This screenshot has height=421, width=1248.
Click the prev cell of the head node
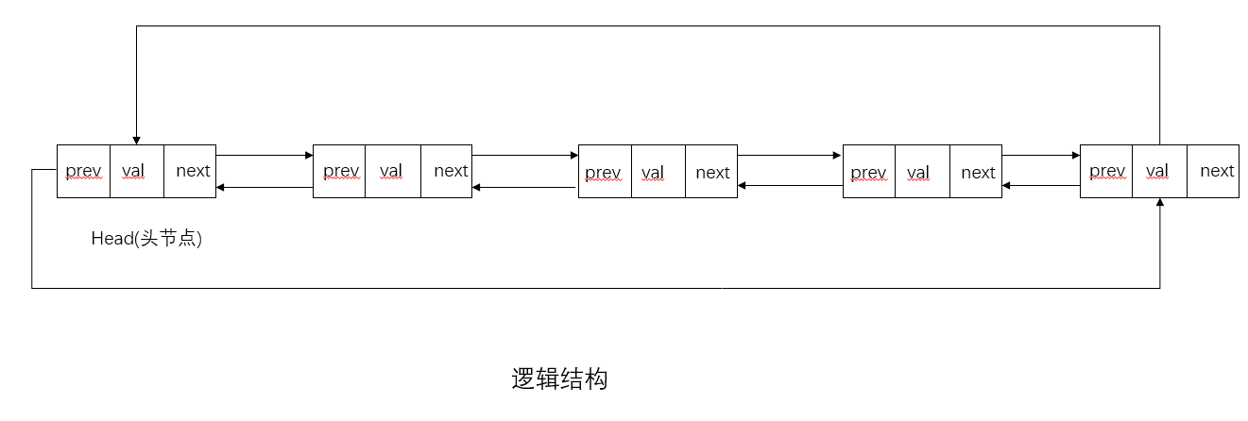[x=83, y=171]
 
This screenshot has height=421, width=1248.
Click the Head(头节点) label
[x=146, y=239]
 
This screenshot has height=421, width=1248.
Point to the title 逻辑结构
[x=559, y=379]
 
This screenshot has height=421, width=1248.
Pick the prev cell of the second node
[x=339, y=171]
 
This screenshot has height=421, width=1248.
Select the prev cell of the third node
[x=605, y=171]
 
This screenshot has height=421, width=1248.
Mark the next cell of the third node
[x=711, y=171]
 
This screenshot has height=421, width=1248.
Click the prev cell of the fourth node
[x=868, y=171]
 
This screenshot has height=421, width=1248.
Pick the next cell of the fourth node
[x=976, y=171]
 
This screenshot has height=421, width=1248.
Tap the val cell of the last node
[x=1159, y=171]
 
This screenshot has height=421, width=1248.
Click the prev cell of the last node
[x=1106, y=171]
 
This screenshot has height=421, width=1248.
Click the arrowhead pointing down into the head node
[x=137, y=140]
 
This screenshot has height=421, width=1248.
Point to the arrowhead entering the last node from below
[x=1159, y=203]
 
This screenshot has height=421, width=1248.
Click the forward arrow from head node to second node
[x=265, y=155]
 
